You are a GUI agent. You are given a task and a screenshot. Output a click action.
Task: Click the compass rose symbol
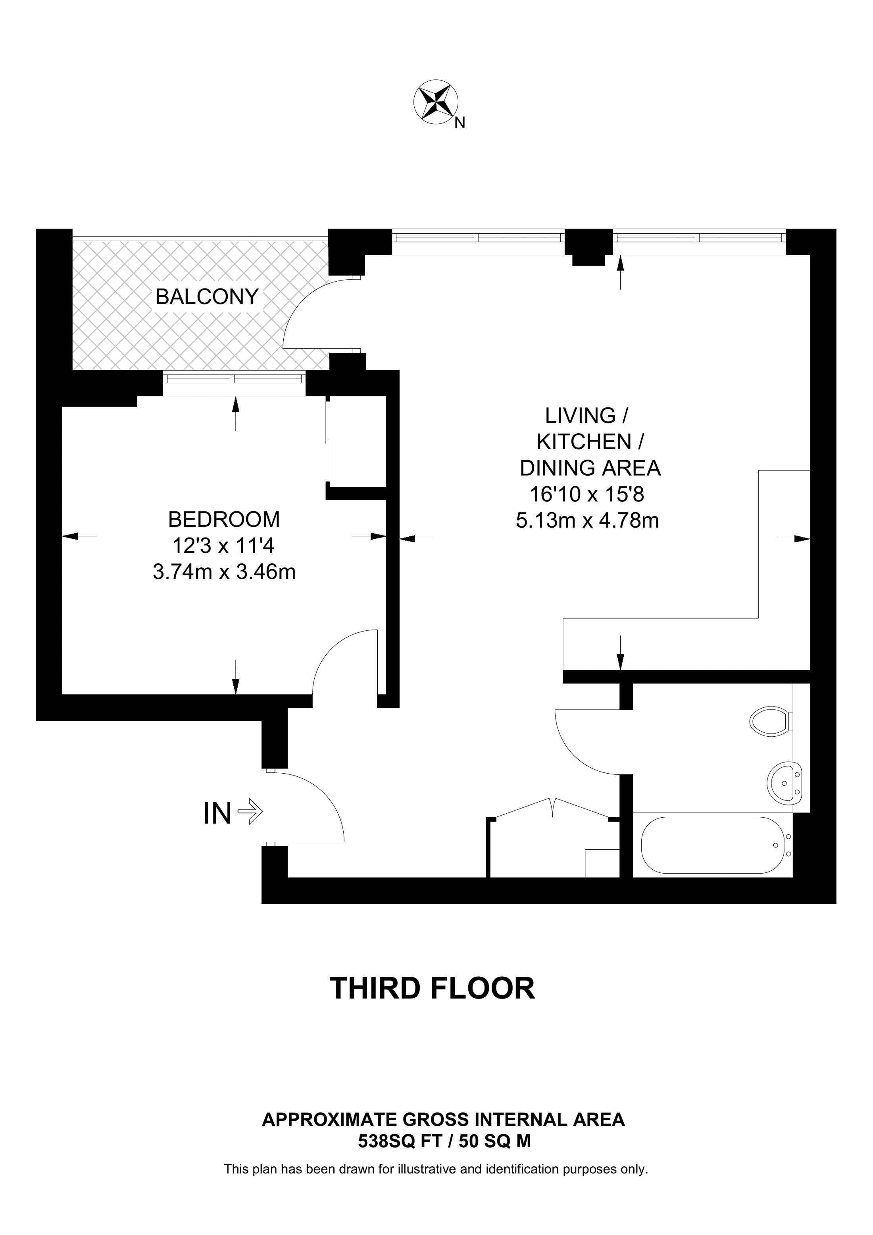coord(435,103)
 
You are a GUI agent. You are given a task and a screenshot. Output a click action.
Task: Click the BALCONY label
coord(207,297)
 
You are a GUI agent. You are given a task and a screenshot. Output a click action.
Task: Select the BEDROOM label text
coord(224,520)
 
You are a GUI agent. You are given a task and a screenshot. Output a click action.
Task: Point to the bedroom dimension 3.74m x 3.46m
coord(224,572)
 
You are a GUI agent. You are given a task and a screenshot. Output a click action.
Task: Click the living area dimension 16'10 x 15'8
coord(587,494)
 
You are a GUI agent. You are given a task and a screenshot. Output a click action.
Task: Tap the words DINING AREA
coord(590,468)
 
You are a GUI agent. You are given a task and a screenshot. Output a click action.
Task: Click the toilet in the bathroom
coord(770,721)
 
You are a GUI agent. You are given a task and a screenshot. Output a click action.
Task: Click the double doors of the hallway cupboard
coord(552,810)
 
